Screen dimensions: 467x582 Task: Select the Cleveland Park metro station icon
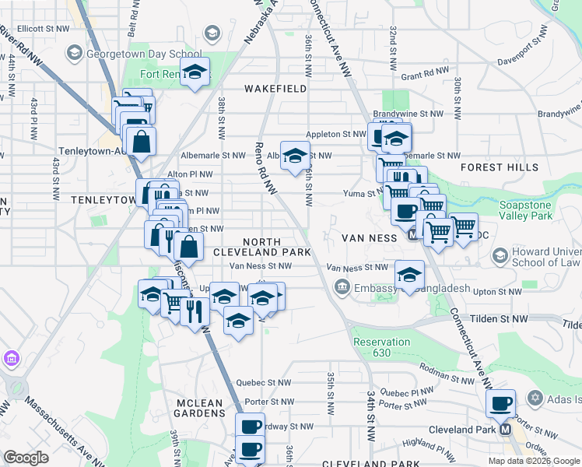506,429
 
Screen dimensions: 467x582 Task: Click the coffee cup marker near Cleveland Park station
501,404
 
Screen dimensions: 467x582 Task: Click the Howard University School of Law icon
500,255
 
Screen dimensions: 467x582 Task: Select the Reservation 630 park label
381,347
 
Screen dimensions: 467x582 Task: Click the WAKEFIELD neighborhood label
275,89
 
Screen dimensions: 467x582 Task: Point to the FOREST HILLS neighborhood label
510,167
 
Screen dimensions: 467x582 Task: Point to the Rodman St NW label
442,369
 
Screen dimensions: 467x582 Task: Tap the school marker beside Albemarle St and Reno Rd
295,156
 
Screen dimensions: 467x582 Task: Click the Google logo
26,458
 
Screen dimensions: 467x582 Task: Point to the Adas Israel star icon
535,399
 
